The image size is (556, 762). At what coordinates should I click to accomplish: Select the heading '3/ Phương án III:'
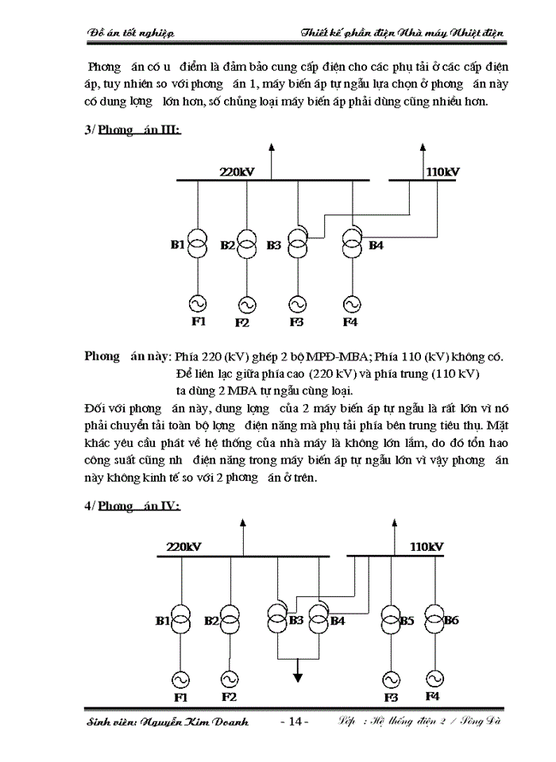point(133,129)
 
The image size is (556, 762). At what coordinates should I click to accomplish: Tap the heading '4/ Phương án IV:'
point(133,506)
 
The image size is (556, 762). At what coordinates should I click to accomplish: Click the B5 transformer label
point(406,620)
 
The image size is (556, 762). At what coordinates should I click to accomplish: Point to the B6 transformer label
point(451,620)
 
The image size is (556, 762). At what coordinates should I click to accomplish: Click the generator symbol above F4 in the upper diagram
point(350,303)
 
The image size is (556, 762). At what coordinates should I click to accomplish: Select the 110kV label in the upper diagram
point(442,171)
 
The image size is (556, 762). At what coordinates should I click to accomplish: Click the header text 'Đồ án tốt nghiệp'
point(130,33)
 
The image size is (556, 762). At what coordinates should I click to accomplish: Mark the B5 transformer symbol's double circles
point(390,621)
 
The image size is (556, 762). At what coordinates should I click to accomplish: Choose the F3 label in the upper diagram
point(296,322)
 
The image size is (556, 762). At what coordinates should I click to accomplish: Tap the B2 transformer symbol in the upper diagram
point(247,244)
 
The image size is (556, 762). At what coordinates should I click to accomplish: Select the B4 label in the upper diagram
point(376,245)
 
